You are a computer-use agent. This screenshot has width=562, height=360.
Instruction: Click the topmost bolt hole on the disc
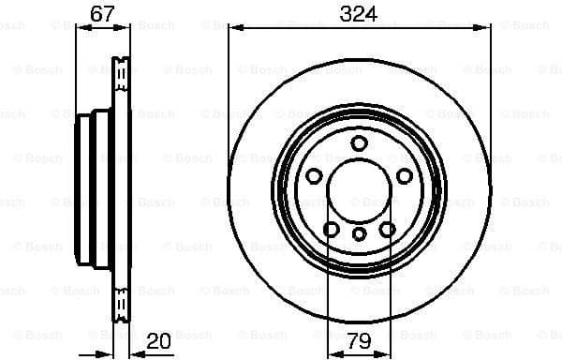(360, 142)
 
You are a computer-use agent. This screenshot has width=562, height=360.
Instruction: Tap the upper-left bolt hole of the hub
(315, 176)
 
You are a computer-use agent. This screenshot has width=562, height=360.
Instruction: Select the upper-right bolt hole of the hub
(405, 176)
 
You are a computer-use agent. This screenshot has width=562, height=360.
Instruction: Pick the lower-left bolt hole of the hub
(332, 229)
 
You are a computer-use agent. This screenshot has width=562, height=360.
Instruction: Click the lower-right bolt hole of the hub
(388, 229)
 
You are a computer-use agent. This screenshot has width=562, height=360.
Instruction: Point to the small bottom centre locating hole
(360, 234)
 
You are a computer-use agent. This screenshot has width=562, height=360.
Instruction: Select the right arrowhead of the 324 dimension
(486, 29)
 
